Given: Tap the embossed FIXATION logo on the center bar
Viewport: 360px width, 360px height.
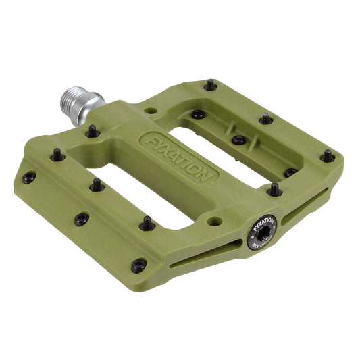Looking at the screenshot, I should [x=178, y=157].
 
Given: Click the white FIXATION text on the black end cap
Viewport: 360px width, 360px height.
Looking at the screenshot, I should [x=264, y=223].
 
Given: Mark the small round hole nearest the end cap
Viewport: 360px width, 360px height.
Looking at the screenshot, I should [x=214, y=221].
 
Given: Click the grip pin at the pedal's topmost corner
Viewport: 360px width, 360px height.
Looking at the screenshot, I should [x=210, y=85].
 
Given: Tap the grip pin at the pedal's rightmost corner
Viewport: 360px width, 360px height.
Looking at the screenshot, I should [x=328, y=156].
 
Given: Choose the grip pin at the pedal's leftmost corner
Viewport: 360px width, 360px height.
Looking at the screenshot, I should [x=28, y=178].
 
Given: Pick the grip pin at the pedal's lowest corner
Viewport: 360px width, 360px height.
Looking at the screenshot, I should [x=139, y=265].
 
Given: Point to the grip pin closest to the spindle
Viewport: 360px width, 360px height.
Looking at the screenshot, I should [x=93, y=131].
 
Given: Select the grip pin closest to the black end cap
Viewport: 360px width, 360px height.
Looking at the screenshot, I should [x=274, y=190].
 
